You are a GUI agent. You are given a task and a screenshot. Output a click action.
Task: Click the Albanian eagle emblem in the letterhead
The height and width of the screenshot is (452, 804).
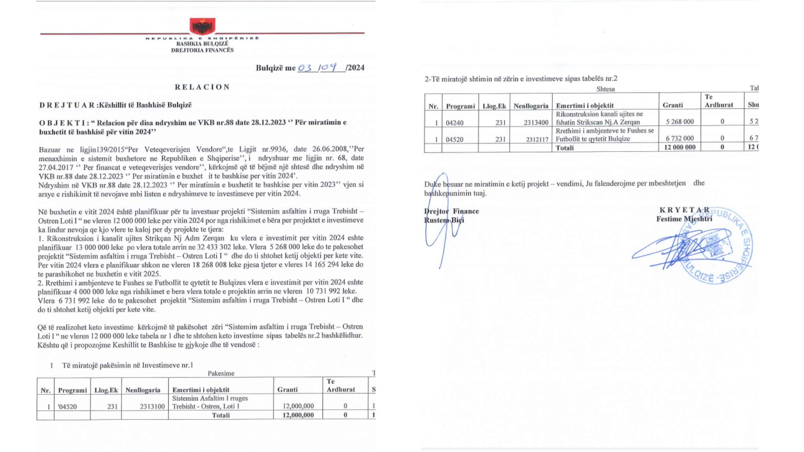203,26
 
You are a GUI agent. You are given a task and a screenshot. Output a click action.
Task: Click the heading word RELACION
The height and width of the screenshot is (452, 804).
203,87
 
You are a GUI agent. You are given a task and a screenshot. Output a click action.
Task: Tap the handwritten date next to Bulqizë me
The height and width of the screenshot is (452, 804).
321,67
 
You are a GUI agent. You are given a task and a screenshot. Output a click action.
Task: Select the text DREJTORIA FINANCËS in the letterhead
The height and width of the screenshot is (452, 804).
202,50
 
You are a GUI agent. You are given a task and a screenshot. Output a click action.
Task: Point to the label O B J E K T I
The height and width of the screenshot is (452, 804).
64,123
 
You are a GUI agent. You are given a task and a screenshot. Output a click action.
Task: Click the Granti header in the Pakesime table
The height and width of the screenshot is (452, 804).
288,390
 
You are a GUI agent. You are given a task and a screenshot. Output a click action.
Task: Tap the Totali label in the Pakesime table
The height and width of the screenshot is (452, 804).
221,415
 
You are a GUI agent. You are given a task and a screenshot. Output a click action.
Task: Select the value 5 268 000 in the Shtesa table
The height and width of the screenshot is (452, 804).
680,122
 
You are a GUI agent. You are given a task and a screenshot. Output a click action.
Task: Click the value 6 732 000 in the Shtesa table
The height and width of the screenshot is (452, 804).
680,139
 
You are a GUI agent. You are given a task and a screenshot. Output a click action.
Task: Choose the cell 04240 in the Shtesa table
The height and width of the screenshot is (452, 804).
454,123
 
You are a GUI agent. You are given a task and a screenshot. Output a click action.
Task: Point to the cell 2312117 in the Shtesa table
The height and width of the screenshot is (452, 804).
537,139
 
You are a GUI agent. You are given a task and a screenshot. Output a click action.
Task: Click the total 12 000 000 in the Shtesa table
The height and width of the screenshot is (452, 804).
680,147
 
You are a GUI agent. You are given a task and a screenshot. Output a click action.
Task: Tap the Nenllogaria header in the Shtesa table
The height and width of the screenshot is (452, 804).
531,106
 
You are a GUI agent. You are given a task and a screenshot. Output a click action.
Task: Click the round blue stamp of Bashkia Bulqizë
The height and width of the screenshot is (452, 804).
716,247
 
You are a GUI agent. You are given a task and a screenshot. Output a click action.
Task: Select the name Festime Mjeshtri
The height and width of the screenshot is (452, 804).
684,219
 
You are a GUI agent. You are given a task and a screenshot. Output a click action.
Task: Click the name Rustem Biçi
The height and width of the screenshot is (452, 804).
444,220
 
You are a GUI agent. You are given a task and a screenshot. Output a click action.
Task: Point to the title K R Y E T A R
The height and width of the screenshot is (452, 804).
685,210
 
